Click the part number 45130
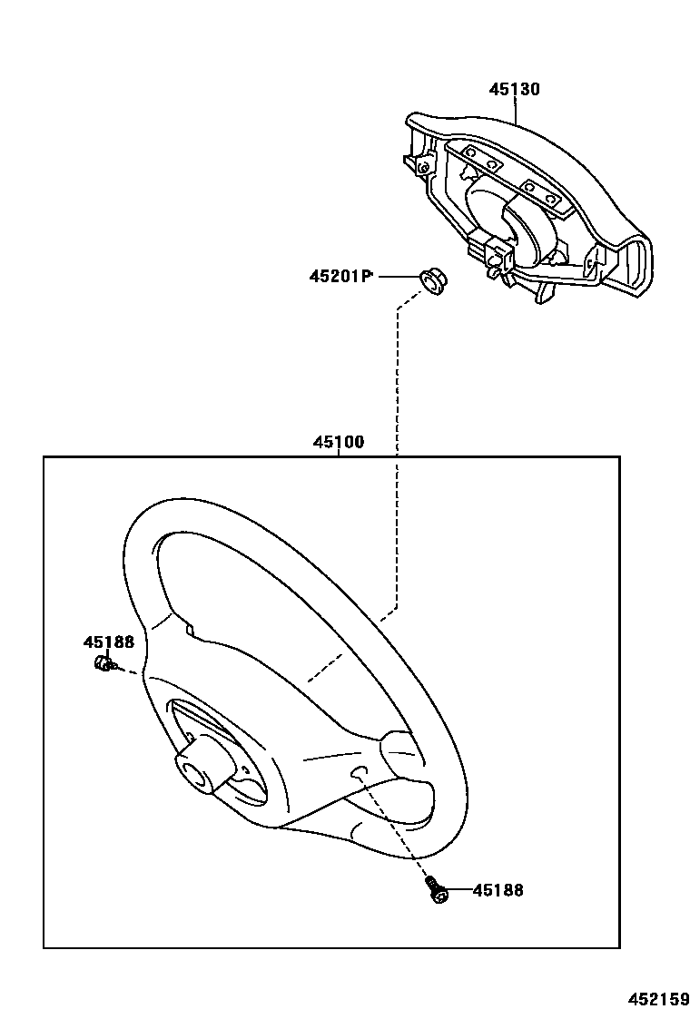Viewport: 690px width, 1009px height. pos(514,90)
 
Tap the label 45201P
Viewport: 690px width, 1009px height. pos(341,276)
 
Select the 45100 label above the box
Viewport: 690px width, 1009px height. pos(338,443)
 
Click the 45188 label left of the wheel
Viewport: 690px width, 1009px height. pos(109,642)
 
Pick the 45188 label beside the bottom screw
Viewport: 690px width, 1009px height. pos(498,890)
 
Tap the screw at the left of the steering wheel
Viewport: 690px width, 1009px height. pos(103,666)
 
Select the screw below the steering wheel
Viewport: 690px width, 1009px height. pos(435,888)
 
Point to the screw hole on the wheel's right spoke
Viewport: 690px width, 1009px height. pos(359,772)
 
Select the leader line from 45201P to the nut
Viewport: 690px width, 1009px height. pos(398,276)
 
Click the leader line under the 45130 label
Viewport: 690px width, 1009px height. pos(516,111)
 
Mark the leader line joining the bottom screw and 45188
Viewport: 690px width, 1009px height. pos(458,890)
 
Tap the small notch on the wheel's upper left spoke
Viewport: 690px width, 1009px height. pos(190,628)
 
